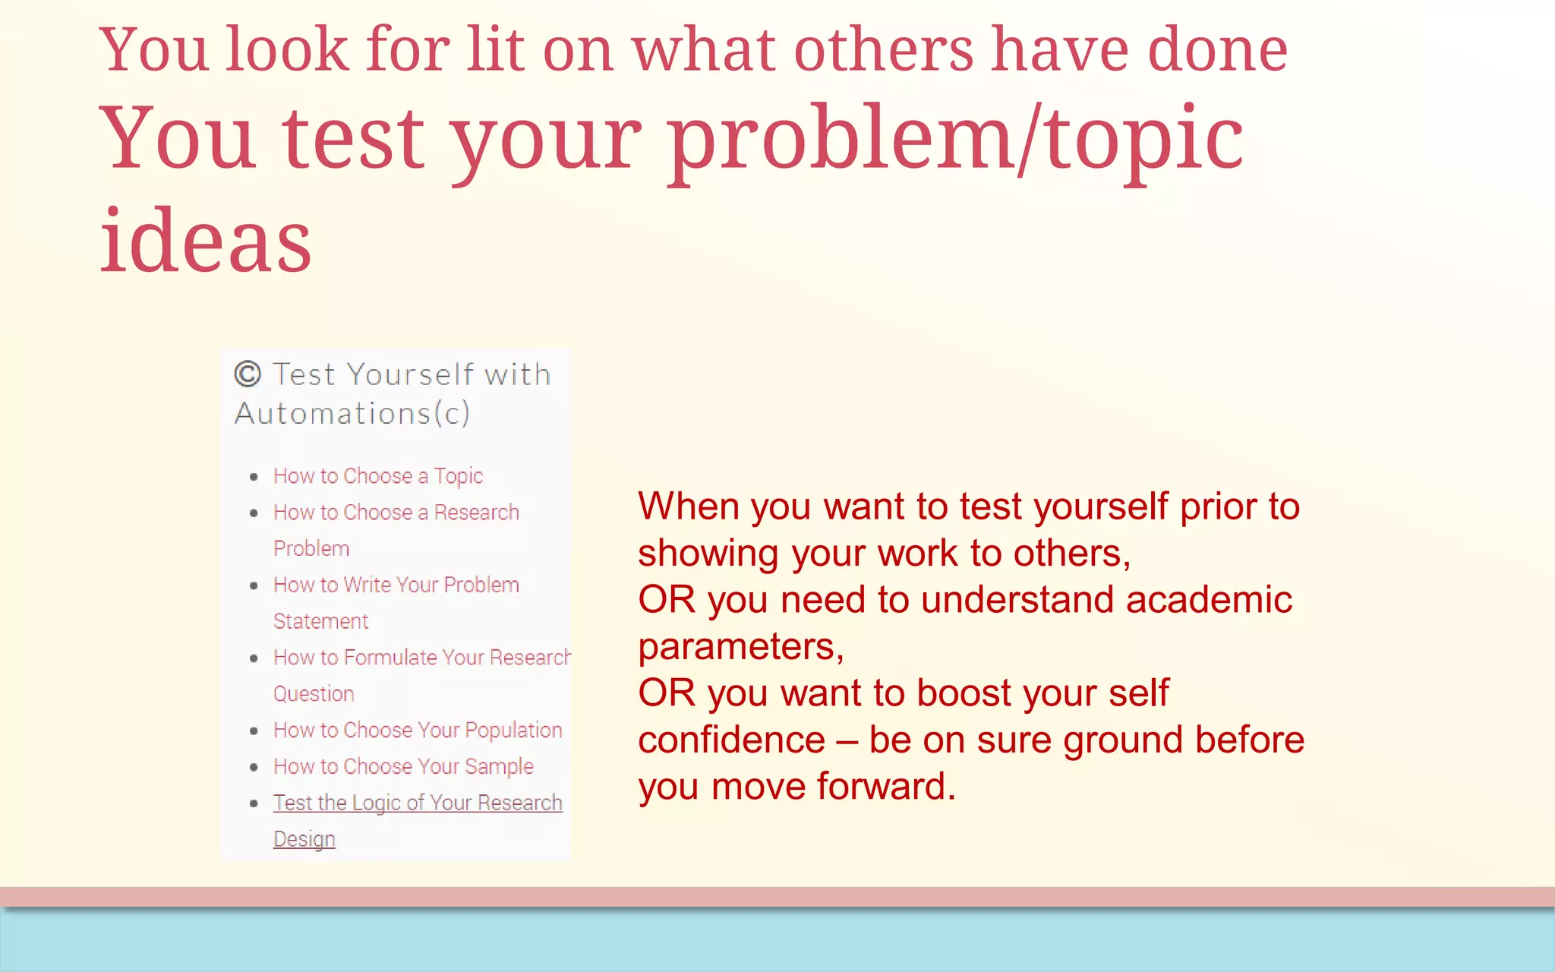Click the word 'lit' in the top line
(x=495, y=50)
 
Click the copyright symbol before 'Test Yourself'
(x=248, y=374)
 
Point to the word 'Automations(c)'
(x=352, y=414)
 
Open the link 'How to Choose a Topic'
(x=378, y=476)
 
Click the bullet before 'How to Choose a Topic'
(x=254, y=477)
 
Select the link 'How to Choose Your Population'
(x=418, y=731)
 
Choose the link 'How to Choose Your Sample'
(x=403, y=767)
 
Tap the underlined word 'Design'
(x=304, y=839)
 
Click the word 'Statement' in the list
(x=320, y=621)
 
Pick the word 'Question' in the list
(x=314, y=694)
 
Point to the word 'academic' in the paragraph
(x=1209, y=600)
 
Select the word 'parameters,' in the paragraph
(x=741, y=647)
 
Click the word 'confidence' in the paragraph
(x=731, y=740)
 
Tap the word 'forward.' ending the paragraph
(x=887, y=787)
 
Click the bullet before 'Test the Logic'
(x=254, y=803)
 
